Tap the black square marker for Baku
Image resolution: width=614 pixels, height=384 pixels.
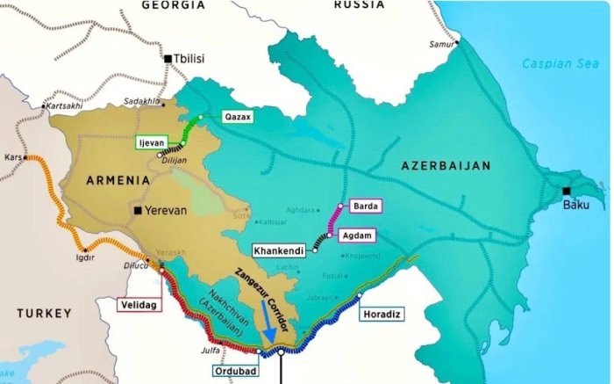tap(567, 192)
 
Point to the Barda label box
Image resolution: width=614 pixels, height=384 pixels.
tap(364, 206)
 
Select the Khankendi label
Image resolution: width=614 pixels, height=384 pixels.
tap(279, 250)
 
